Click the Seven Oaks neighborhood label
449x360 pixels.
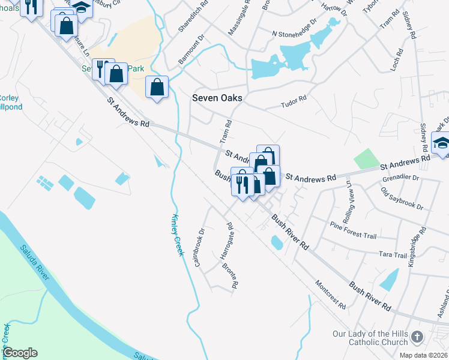coord(217,98)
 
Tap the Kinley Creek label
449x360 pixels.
coord(177,235)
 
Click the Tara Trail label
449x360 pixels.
coord(393,255)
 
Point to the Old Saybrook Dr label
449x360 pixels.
coord(402,199)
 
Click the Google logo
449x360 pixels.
coord(20,353)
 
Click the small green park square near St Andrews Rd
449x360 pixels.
coord(363,160)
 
